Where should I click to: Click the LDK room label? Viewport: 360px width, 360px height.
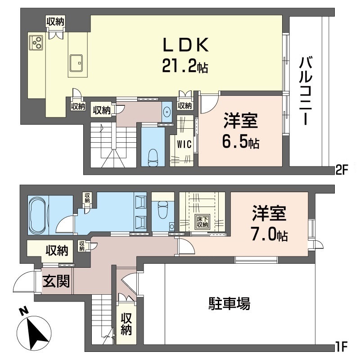tap(185, 45)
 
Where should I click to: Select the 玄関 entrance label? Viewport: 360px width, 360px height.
tap(56, 282)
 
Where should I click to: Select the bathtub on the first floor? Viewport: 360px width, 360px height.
tap(44, 216)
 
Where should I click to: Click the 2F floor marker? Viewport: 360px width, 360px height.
tap(342, 170)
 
